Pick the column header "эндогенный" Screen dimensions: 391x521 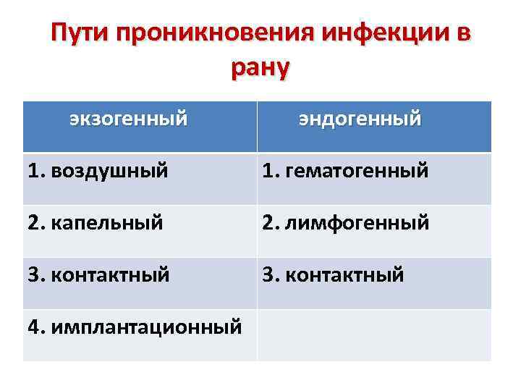tap(360, 118)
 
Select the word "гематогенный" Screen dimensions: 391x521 tap(357, 172)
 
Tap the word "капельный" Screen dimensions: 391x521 tap(106, 223)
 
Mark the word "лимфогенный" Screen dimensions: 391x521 tap(358, 223)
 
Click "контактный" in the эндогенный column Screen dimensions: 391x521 tap(344, 275)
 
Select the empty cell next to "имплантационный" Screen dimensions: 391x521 tap(373, 335)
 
